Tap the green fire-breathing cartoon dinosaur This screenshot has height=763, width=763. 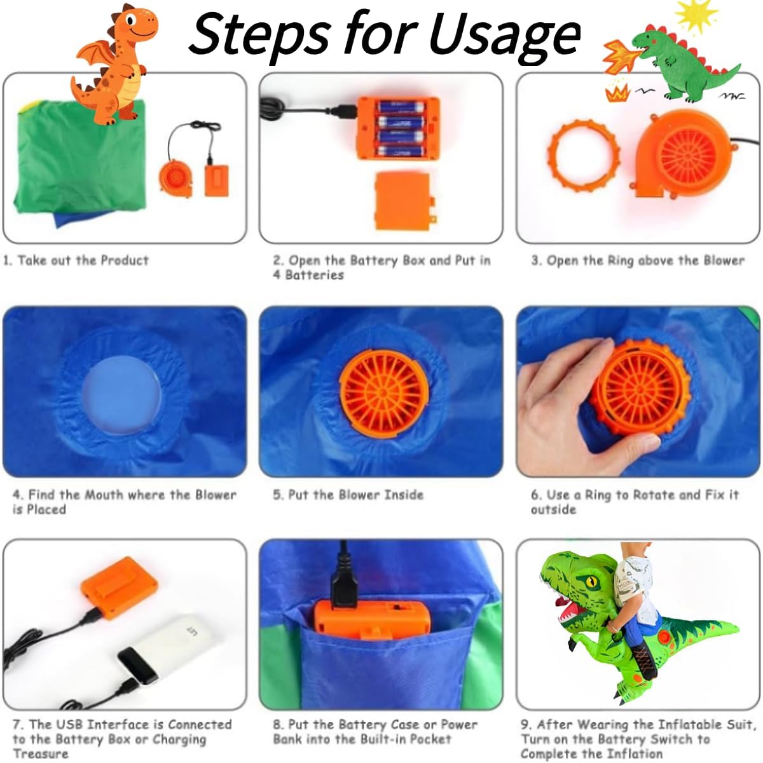point(685,64)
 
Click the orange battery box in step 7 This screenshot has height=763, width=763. point(119,588)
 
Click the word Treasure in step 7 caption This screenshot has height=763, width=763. point(41,753)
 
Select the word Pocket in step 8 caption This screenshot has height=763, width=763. point(430,739)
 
